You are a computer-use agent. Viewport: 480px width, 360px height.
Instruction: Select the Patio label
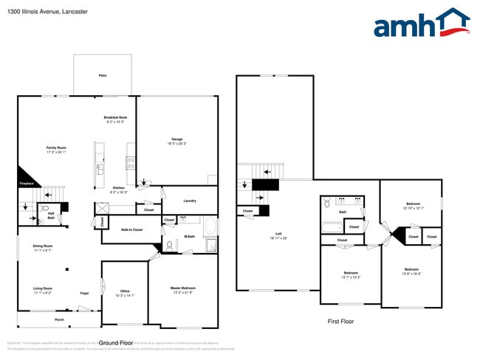[x=103, y=75]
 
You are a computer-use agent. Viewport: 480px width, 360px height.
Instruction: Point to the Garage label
[x=177, y=140]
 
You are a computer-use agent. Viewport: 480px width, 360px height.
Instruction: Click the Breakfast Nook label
[x=115, y=120]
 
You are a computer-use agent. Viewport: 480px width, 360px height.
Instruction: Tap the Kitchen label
[x=118, y=189]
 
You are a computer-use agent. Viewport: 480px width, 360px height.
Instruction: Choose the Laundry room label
[x=189, y=201]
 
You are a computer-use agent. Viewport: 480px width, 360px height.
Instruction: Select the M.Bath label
[x=189, y=237]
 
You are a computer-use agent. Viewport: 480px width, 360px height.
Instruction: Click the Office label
[x=124, y=292]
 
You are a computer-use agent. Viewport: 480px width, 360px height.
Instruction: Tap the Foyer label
[x=85, y=293]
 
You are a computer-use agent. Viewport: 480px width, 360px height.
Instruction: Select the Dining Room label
[x=43, y=247]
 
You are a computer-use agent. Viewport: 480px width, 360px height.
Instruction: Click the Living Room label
[x=43, y=290]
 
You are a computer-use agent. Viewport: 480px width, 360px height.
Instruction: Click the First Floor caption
[x=340, y=322]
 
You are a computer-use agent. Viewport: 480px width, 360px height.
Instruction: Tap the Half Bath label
[x=51, y=216]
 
